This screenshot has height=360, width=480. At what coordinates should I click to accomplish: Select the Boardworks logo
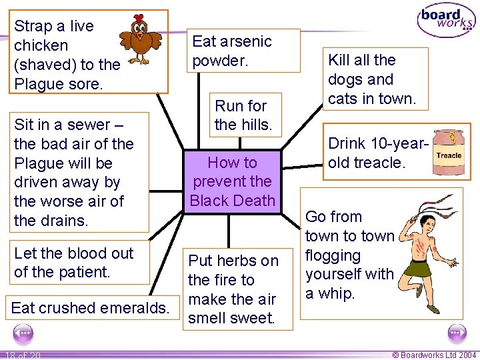tap(446, 21)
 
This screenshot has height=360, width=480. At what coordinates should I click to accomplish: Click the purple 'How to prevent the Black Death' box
tap(232, 181)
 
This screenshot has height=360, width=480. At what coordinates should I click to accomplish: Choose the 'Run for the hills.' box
tap(241, 115)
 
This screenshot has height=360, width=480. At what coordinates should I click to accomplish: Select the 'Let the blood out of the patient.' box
tap(73, 263)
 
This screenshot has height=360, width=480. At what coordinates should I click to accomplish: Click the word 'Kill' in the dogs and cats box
tap(342, 60)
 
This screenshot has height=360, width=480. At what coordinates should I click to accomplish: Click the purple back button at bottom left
tap(23, 333)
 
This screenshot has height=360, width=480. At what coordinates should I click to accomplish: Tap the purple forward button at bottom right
tap(457, 333)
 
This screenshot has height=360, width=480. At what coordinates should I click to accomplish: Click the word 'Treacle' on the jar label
tap(449, 155)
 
